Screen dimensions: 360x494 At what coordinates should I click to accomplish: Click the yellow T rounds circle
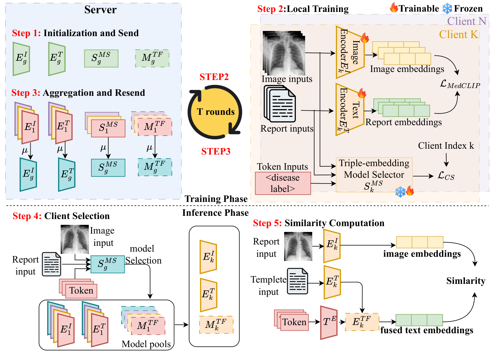point(215,112)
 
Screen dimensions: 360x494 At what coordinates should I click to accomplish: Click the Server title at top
point(100,10)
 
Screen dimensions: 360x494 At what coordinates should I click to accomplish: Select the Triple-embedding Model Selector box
point(374,175)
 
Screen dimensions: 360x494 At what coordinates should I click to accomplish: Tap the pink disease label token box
point(283,183)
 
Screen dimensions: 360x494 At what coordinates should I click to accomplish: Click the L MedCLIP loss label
point(460,84)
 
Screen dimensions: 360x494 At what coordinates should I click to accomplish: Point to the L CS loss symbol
point(446,176)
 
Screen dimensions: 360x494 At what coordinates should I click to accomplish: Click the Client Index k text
point(446,146)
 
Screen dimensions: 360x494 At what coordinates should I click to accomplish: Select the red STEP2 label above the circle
point(214,77)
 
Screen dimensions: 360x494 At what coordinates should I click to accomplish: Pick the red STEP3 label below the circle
point(216,151)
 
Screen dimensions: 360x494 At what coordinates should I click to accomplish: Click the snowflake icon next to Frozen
point(447,9)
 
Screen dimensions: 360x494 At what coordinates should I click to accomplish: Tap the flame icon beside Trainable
point(394,8)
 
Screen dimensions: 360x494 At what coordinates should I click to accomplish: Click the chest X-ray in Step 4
point(75,239)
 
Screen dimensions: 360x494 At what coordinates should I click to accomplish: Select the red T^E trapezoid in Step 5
point(329,323)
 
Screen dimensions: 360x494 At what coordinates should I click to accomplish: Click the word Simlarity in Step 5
point(466,281)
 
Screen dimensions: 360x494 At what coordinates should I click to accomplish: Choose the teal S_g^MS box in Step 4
point(108,264)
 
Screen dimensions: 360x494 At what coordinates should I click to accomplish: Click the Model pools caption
point(146,344)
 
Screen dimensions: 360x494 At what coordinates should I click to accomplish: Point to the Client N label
point(466,21)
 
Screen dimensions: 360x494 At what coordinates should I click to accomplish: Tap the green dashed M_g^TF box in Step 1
point(152,58)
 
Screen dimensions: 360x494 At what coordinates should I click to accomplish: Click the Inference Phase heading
point(215,213)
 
